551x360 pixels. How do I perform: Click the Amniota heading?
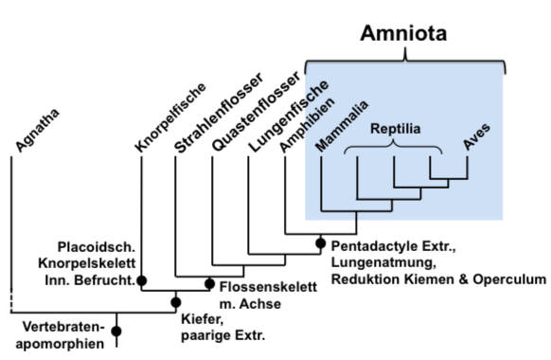pyautogui.click(x=404, y=34)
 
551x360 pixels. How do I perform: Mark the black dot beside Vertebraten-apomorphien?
pyautogui.click(x=116, y=331)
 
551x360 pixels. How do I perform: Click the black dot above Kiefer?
pyautogui.click(x=175, y=302)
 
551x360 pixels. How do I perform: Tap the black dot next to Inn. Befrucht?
pyautogui.click(x=141, y=280)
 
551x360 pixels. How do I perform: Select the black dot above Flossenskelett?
pyautogui.click(x=210, y=281)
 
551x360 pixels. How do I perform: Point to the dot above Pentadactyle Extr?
pyautogui.click(x=320, y=243)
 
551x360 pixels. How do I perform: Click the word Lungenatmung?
pyautogui.click(x=376, y=262)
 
